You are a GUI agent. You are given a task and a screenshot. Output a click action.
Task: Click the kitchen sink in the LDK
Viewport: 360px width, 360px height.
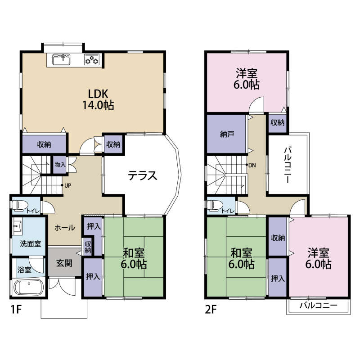pyautogui.click(x=61, y=59)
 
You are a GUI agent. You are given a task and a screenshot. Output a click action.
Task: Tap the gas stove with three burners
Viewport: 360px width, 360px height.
pyautogui.click(x=92, y=59)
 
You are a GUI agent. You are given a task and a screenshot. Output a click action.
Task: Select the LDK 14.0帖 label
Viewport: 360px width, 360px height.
pyautogui.click(x=98, y=99)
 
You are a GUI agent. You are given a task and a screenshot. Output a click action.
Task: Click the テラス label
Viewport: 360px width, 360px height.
pyautogui.click(x=142, y=175)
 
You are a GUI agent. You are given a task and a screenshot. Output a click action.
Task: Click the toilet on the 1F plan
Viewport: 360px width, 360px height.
pyautogui.click(x=20, y=206)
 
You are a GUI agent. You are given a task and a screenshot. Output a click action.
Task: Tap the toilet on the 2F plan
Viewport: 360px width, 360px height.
pyautogui.click(x=215, y=206)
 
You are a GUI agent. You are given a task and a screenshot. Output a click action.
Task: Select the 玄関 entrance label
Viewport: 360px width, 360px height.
pyautogui.click(x=64, y=263)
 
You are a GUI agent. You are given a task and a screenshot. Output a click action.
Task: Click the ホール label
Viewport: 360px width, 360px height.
pyautogui.click(x=65, y=228)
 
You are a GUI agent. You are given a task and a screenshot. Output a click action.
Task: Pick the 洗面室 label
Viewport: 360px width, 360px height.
pyautogui.click(x=30, y=243)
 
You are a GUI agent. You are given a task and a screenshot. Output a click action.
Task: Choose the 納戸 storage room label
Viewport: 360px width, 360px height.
pyautogui.click(x=227, y=134)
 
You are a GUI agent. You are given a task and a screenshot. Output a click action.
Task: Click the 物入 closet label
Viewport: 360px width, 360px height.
pyautogui.click(x=60, y=164)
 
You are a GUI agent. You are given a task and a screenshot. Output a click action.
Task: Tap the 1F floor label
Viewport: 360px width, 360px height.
pyautogui.click(x=16, y=310)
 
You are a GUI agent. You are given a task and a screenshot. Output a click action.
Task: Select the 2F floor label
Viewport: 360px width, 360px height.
pyautogui.click(x=211, y=310)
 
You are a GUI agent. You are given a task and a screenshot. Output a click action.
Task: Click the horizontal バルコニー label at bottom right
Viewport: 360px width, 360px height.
pyautogui.click(x=319, y=306)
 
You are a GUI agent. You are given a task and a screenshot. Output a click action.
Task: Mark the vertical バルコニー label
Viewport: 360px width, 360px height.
pyautogui.click(x=288, y=165)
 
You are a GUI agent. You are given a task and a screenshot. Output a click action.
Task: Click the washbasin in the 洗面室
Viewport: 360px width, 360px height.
pyautogui.click(x=17, y=226)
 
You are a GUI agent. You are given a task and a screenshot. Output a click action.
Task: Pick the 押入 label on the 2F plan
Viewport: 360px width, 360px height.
pyautogui.click(x=278, y=279)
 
